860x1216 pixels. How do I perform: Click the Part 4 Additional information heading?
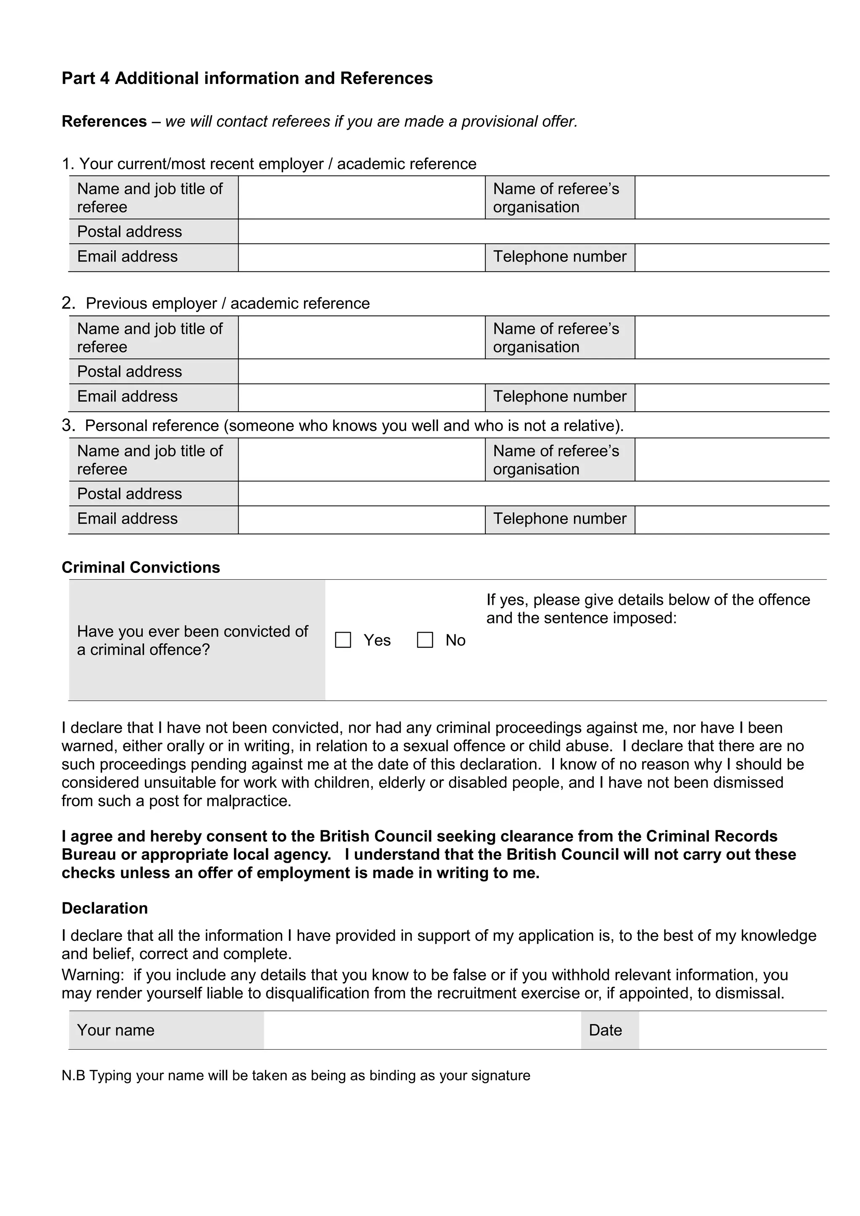tap(247, 79)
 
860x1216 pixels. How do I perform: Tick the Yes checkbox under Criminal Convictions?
tap(343, 640)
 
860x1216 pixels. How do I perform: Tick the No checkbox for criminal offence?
tap(425, 640)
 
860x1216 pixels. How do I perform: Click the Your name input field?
tap(422, 1030)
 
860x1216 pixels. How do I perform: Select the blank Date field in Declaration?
tap(732, 1030)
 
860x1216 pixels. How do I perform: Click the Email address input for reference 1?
tap(361, 257)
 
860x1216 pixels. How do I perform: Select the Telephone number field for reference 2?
tap(732, 397)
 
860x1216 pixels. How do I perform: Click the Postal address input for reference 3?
tap(533, 494)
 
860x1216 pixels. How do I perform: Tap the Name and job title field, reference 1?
tap(361, 197)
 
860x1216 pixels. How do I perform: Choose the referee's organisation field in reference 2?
tap(732, 337)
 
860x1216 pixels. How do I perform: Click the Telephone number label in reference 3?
tap(559, 518)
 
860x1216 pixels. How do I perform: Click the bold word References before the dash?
tap(104, 121)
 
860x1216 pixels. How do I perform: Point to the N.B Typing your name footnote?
tap(296, 1076)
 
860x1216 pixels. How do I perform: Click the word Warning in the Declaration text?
tap(93, 975)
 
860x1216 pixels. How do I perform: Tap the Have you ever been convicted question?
tap(192, 640)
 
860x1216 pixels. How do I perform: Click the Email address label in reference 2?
tap(127, 397)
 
